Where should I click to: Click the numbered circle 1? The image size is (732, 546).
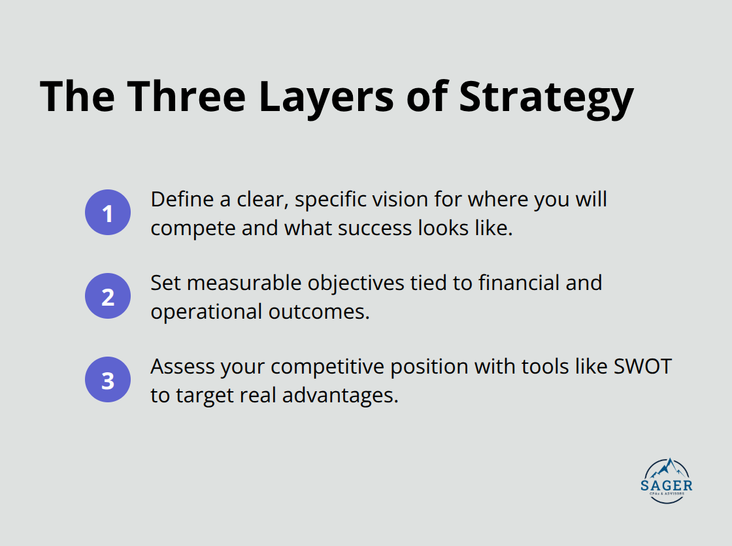coord(108,212)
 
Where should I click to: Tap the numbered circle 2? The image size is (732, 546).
coord(108,296)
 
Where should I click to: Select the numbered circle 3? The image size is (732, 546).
coord(108,379)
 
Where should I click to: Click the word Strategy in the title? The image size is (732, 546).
coord(546,97)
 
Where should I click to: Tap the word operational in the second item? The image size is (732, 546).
coord(206,312)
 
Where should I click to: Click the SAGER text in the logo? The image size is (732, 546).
coord(667,485)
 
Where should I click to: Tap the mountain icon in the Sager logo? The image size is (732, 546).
coord(667,468)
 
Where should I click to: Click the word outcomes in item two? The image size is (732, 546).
coord(319,312)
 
